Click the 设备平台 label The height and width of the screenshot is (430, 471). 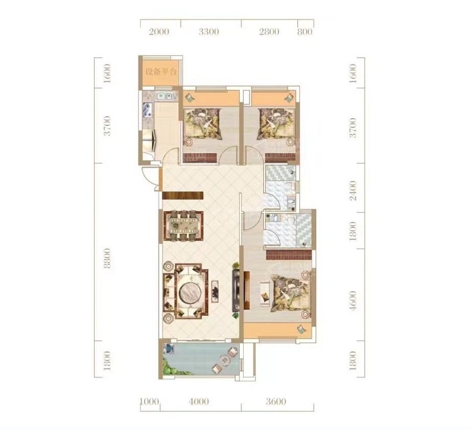pyautogui.click(x=161, y=72)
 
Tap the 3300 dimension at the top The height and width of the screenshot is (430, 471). pyautogui.click(x=209, y=31)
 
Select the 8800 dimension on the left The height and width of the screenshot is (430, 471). pyautogui.click(x=107, y=258)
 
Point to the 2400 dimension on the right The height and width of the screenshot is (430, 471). pyautogui.click(x=354, y=190)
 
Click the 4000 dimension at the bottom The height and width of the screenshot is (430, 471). pyautogui.click(x=199, y=401)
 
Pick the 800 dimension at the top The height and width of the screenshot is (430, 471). pyautogui.click(x=305, y=31)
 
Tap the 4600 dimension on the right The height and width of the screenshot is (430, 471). pyautogui.click(x=354, y=300)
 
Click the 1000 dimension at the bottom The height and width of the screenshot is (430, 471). pyautogui.click(x=149, y=401)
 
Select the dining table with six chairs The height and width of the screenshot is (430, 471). pyautogui.click(x=183, y=225)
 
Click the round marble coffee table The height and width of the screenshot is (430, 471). pyautogui.click(x=191, y=292)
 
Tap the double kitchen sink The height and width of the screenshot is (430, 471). pyautogui.click(x=164, y=96)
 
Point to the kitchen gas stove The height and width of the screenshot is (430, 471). pyautogui.click(x=147, y=110)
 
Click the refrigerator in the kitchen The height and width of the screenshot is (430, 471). pyautogui.click(x=149, y=141)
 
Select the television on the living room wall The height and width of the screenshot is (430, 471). pyautogui.click(x=236, y=290)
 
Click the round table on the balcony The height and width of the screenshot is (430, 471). pyautogui.click(x=224, y=360)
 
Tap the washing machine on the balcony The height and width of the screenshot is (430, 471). pyautogui.click(x=168, y=349)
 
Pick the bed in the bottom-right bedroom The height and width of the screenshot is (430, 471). pyautogui.click(x=291, y=294)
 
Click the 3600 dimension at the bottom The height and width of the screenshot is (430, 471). pyautogui.click(x=276, y=401)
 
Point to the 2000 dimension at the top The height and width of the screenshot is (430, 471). pyautogui.click(x=159, y=31)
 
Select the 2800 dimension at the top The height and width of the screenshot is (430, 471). pyautogui.click(x=269, y=31)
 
